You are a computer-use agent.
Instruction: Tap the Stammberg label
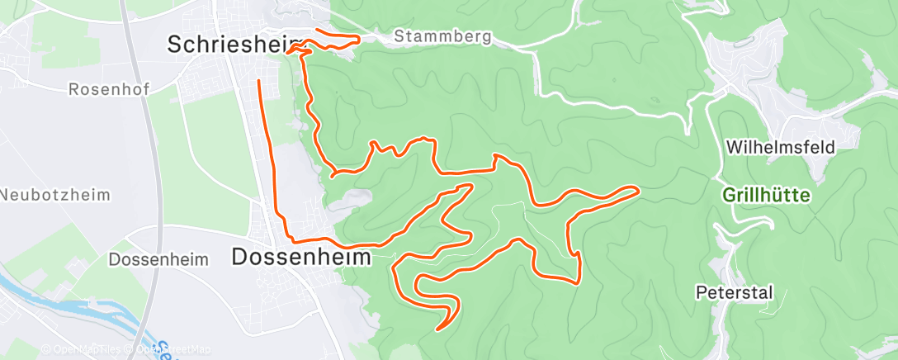(442, 36)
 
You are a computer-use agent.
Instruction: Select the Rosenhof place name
(108, 88)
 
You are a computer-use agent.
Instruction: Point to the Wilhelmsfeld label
(780, 148)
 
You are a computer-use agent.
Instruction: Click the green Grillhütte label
(767, 197)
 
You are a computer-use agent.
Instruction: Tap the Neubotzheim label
(54, 194)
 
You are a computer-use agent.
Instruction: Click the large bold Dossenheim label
(301, 257)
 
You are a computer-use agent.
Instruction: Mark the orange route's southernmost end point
(437, 329)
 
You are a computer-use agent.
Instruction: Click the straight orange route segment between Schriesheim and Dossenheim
(271, 157)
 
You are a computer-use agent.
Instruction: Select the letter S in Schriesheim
(174, 45)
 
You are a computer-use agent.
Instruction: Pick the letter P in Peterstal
(702, 292)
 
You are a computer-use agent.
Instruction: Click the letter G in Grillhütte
(729, 197)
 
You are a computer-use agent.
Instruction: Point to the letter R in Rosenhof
(74, 88)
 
